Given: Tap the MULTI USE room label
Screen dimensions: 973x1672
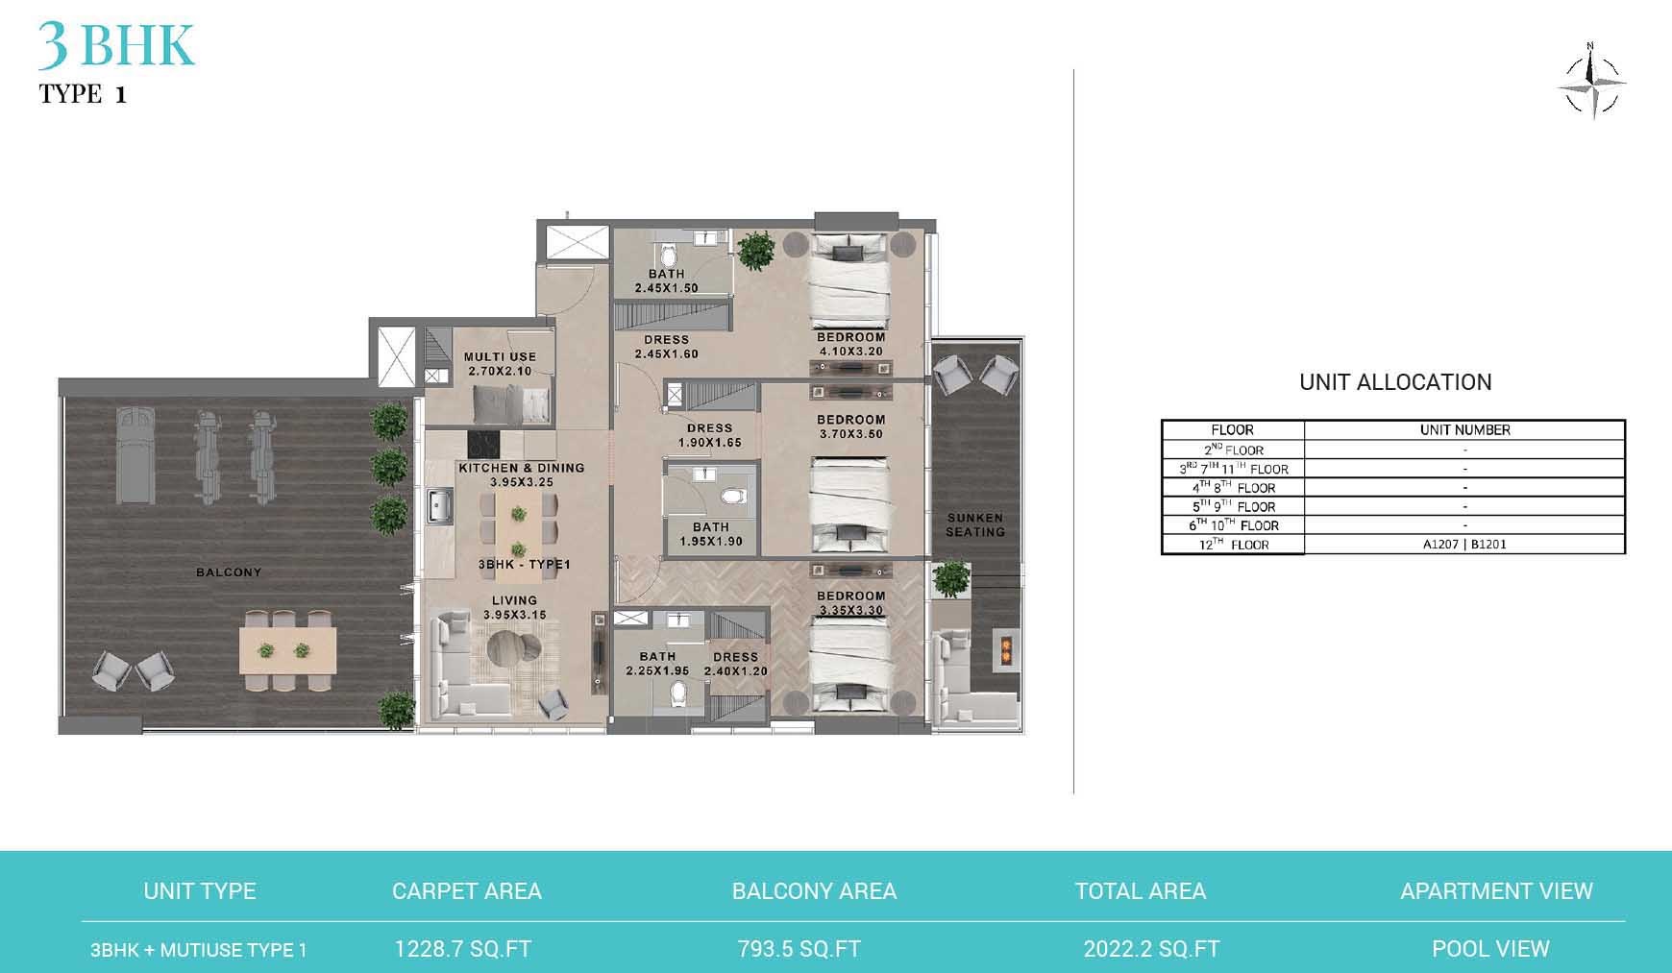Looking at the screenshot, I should pos(500,356).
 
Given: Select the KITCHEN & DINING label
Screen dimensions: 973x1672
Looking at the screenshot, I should pos(521,468).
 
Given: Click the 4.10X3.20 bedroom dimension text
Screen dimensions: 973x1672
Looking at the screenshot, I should pos(850,352).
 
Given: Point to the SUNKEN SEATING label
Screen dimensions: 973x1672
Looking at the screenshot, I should pos(974,524).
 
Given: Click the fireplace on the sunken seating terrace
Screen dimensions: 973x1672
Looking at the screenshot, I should pos(1004,650).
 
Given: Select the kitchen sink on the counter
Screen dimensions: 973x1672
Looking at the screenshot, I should pos(441,504).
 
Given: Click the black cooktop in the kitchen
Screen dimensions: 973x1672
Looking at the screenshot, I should pos(483,444).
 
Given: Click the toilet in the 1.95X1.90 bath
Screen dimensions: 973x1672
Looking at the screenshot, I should pos(734,497).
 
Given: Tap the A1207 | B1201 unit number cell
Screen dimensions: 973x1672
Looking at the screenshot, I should pos(1464,545).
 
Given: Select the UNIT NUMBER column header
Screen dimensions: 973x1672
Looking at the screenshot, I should pos(1464,430).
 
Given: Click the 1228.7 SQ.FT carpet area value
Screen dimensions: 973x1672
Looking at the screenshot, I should pos(462,949).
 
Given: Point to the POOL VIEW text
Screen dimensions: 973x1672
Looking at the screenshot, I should pos(1490,949).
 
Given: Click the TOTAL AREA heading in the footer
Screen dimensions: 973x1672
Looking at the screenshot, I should pos(1140,891).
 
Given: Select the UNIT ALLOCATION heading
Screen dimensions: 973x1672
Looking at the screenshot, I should pos(1394,382).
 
